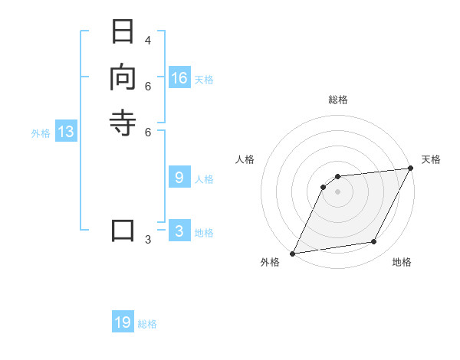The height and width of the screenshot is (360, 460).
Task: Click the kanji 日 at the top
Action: coord(123,33)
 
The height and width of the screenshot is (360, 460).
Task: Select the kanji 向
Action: coord(123,78)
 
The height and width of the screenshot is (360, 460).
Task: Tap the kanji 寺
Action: coord(123,123)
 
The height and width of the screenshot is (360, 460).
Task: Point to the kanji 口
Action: coord(123,231)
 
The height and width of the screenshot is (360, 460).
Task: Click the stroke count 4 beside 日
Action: coord(148,40)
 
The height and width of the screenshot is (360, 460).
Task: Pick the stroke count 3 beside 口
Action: coord(148,240)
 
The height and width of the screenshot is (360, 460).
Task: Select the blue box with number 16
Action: coord(179,78)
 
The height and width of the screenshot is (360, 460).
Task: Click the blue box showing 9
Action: coord(179,178)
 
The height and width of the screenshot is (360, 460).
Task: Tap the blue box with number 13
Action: coord(66,132)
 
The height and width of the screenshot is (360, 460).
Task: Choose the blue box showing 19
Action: coord(123,322)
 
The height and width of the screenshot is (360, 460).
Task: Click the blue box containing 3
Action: coord(179,231)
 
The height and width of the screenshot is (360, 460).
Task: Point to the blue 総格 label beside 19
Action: coord(147,324)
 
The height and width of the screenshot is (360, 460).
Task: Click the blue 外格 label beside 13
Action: coord(41,133)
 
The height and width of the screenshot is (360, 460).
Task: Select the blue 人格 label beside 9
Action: coord(204,179)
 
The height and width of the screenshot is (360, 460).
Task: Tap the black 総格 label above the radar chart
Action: coord(337,100)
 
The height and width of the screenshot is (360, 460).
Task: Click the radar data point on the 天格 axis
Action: coord(410,169)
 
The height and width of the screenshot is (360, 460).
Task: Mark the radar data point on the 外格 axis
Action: coord(292,253)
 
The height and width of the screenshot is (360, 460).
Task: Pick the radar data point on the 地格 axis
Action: coord(374,242)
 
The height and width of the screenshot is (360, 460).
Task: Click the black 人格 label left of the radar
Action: coord(245,159)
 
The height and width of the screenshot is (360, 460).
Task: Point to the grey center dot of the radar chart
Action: coord(337,191)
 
